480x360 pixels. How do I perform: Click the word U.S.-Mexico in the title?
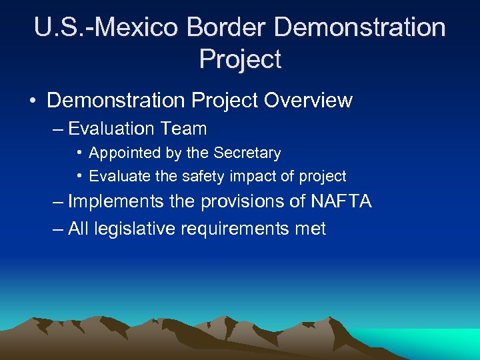coord(106,28)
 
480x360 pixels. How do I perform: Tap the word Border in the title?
coord(227,28)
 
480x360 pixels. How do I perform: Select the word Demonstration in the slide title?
coord(360,28)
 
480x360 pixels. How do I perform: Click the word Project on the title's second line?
coord(240,59)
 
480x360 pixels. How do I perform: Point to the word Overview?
coord(308,101)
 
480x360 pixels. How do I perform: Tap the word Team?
coord(186,129)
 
